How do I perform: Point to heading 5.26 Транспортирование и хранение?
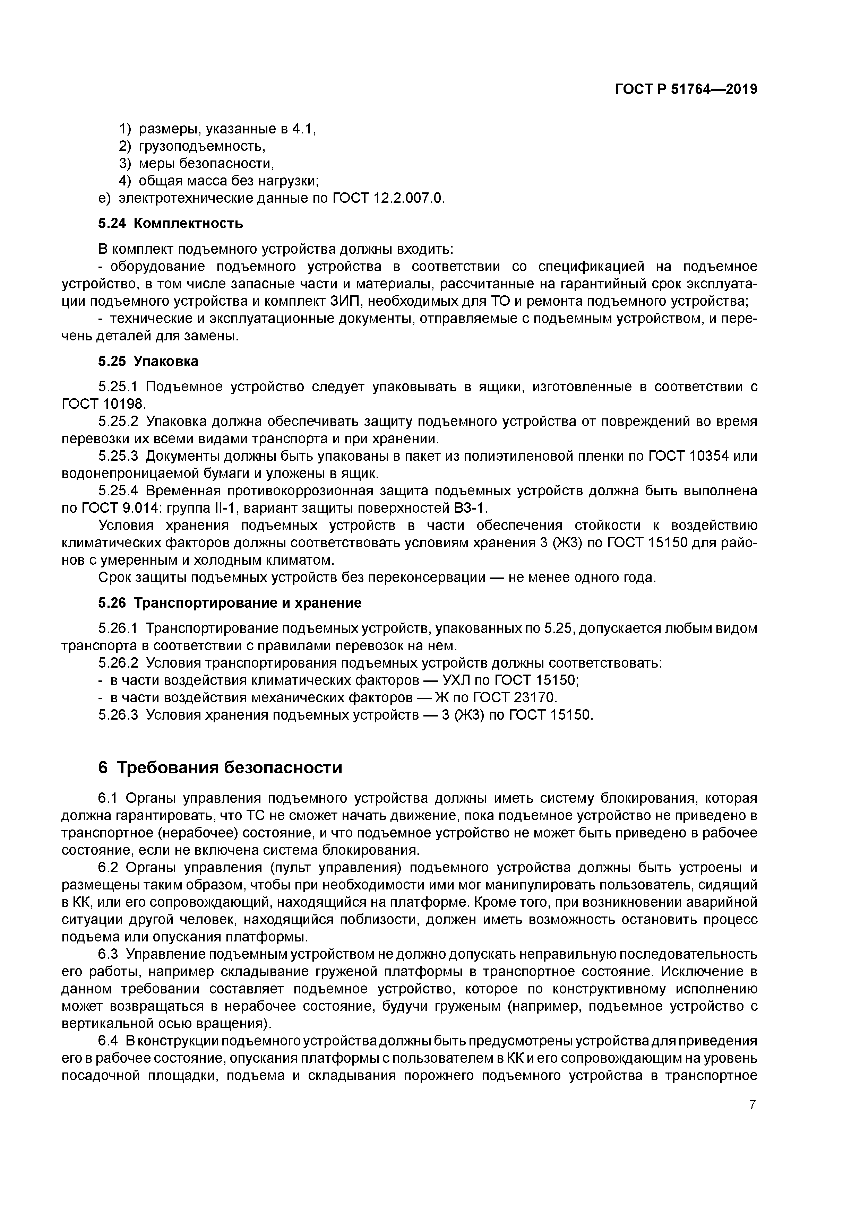coord(230,603)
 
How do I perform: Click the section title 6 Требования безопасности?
coord(220,767)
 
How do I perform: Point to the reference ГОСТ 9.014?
coord(121,509)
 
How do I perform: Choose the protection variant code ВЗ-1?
coord(468,509)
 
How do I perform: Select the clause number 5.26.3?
coord(118,715)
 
